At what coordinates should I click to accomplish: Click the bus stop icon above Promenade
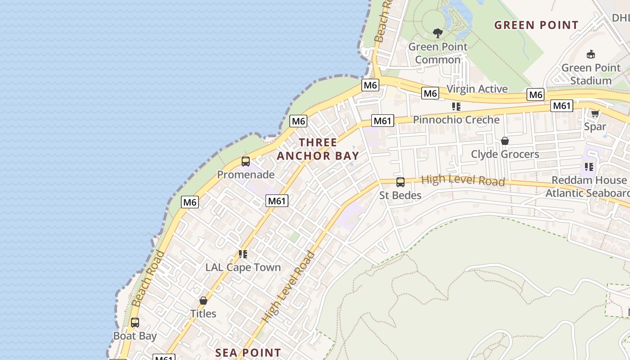pos(246,162)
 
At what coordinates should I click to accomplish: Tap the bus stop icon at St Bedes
pos(400,182)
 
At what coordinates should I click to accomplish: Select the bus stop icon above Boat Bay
pos(135,323)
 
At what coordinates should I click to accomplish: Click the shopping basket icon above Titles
pos(203,300)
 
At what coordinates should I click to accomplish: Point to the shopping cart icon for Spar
pos(595,113)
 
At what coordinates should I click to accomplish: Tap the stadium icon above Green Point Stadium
pos(591,54)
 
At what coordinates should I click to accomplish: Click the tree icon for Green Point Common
pos(437,33)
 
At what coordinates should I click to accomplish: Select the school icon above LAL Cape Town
pos(243,254)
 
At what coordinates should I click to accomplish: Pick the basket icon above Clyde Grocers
pos(505,141)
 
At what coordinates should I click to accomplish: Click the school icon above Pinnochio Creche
pos(456,107)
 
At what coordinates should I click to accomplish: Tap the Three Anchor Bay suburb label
pos(318,149)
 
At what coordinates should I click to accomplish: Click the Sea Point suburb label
pos(248,353)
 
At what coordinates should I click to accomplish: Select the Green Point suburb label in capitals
pos(536,25)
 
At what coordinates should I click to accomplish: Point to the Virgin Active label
pos(477,89)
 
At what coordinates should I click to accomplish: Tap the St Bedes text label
pos(400,195)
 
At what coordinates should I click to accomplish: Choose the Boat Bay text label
pos(135,336)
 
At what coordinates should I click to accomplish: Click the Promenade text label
pos(246,175)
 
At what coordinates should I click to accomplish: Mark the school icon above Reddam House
pos(589,167)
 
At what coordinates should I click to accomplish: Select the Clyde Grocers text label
pos(505,154)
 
